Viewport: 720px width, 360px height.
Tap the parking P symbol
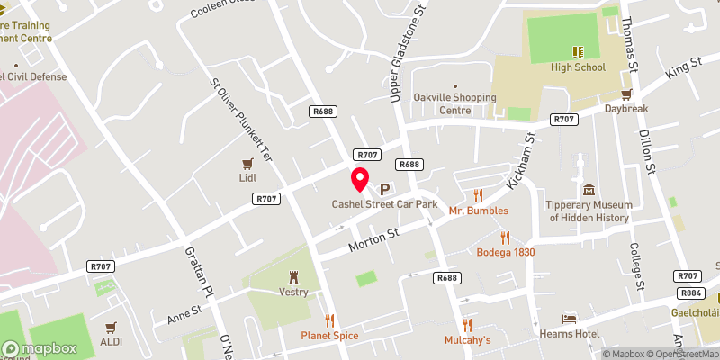(x=384, y=189)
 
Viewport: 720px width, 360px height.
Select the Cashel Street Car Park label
(x=384, y=204)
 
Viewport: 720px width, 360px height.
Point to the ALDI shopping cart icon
(x=112, y=327)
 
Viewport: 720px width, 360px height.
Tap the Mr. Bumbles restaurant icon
(x=479, y=195)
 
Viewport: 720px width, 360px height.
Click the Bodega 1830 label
(x=506, y=252)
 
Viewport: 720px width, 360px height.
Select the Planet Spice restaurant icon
(x=329, y=320)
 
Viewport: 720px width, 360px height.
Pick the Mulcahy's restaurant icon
(x=467, y=325)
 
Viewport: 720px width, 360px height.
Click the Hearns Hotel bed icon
(x=569, y=319)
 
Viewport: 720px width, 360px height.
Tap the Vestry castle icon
(x=293, y=276)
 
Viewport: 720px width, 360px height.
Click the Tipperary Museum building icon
(x=589, y=190)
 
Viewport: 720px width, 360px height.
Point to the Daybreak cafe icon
(x=627, y=93)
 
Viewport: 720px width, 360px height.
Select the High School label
(x=579, y=67)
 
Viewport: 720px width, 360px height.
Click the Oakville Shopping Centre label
(x=454, y=103)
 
